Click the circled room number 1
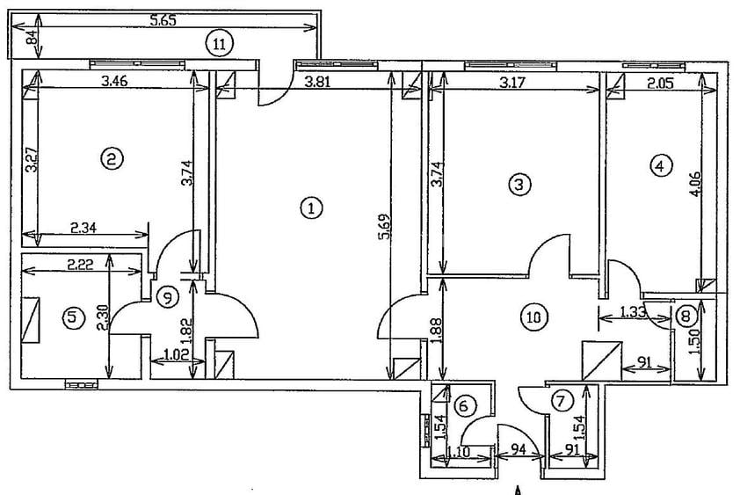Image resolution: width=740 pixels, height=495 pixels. pos(311,207)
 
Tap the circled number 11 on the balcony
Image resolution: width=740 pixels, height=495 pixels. pos(220,44)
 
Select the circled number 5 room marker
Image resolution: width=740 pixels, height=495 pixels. pos(74,318)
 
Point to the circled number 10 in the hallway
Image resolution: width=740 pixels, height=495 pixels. pos(533,317)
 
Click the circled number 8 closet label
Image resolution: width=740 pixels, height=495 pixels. pos(686,316)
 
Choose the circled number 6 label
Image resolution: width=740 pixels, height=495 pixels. pos(464,405)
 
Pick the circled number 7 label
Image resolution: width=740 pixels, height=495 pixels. pos(561,402)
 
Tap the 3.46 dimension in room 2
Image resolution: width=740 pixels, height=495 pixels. pos(114,81)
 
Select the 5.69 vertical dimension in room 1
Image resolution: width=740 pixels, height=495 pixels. pos(386,227)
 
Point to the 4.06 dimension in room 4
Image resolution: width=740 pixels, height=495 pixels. pos(695,185)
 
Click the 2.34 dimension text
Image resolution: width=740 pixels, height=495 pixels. pos(83,228)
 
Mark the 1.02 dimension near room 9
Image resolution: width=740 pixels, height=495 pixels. pos(174,353)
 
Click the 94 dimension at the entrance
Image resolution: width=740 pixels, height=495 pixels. pos(519,449)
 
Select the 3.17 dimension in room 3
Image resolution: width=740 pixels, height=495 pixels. pos(512,84)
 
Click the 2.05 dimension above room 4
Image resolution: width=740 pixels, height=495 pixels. pos(660,84)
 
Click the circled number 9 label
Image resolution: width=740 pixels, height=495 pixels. pos(168,297)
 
